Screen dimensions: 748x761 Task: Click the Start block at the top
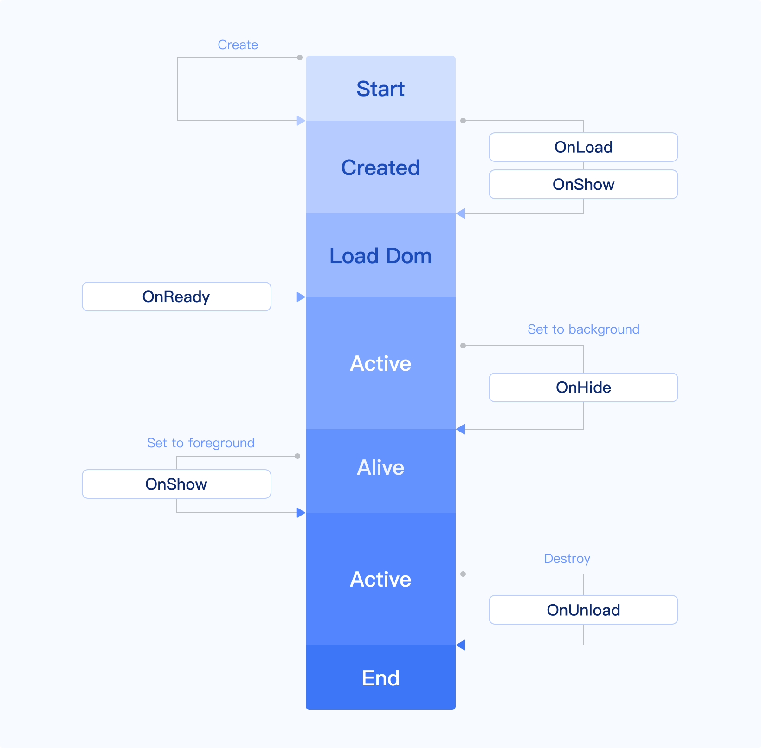pyautogui.click(x=380, y=89)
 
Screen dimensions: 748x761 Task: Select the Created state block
pyautogui.click(x=380, y=168)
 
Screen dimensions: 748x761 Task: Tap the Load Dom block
pyautogui.click(x=380, y=256)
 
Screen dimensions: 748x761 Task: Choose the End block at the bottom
pyautogui.click(x=380, y=678)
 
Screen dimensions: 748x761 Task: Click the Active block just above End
pyautogui.click(x=380, y=579)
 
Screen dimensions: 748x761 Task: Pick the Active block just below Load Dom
pyautogui.click(x=380, y=363)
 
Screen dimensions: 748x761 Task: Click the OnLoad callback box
pyautogui.click(x=583, y=147)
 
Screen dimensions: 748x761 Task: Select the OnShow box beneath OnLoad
pyautogui.click(x=583, y=184)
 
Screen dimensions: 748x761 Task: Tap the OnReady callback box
pyautogui.click(x=176, y=297)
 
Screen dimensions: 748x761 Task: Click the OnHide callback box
pyautogui.click(x=583, y=387)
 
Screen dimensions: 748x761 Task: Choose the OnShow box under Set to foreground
pyautogui.click(x=176, y=484)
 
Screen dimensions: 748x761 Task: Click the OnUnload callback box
pyautogui.click(x=583, y=610)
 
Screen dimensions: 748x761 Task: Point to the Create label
pyautogui.click(x=238, y=45)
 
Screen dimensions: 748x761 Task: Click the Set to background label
pyautogui.click(x=583, y=329)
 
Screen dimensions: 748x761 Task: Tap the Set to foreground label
pyautogui.click(x=200, y=443)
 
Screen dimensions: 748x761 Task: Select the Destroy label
pyautogui.click(x=567, y=559)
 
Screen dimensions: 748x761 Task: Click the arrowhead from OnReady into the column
pyautogui.click(x=301, y=297)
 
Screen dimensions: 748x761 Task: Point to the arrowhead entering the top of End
pyautogui.click(x=461, y=645)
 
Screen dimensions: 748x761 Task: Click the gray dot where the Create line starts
pyautogui.click(x=300, y=58)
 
